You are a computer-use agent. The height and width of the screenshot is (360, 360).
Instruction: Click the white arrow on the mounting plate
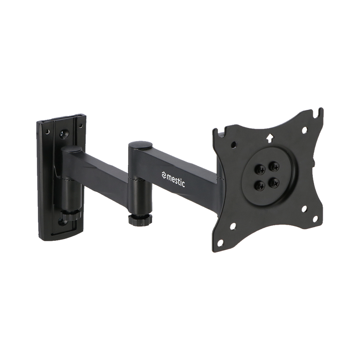pos(270,138)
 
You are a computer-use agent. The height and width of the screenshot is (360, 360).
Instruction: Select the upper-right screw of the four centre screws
pos(274,165)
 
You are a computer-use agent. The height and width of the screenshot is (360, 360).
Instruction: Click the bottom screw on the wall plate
pos(62,222)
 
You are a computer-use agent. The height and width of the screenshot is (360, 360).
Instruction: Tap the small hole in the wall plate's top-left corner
pos(47,131)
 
